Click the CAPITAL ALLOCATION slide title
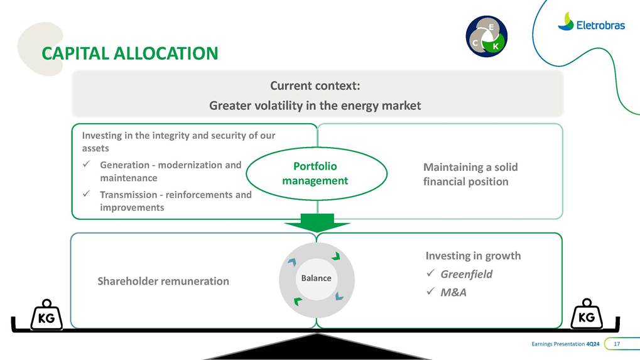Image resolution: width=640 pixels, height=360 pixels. (129, 53)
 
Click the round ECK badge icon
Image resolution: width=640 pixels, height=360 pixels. (486, 36)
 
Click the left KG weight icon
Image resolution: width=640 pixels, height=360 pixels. (46, 314)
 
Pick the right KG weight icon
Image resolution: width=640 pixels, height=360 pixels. (586, 314)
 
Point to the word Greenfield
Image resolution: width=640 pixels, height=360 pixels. (466, 274)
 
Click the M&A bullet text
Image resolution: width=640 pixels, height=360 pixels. (453, 292)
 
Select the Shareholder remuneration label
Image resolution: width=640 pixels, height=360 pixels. (163, 281)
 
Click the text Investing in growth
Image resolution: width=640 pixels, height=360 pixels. (473, 256)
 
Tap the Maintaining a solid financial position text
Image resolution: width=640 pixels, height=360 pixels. (470, 174)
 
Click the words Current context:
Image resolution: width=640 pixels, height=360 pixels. (315, 86)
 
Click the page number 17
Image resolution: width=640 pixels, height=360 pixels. (617, 344)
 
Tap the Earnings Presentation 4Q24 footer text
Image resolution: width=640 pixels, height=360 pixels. (565, 344)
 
